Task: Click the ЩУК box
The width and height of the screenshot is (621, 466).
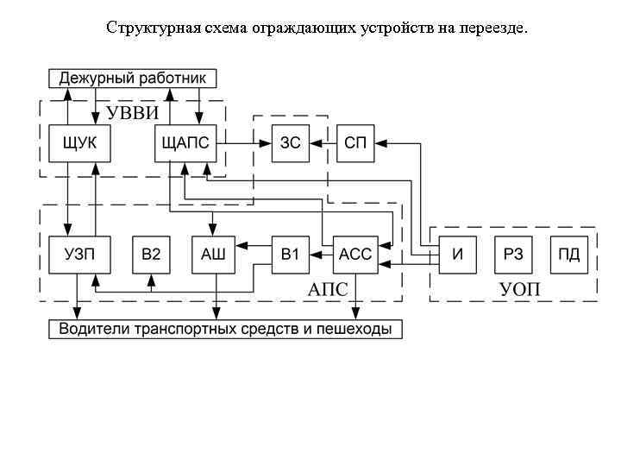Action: pyautogui.click(x=80, y=143)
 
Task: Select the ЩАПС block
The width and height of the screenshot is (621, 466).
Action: pyautogui.click(x=185, y=143)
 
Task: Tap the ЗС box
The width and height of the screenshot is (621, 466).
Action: pyautogui.click(x=291, y=143)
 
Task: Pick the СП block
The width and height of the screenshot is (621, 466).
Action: pyautogui.click(x=354, y=143)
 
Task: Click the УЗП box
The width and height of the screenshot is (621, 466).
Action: pyautogui.click(x=80, y=254)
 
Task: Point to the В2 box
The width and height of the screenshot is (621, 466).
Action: pyautogui.click(x=151, y=254)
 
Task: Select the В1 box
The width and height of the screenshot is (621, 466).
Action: pyautogui.click(x=291, y=254)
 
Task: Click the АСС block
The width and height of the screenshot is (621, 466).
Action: pyautogui.click(x=354, y=254)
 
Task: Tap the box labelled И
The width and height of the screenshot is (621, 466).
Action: pyautogui.click(x=458, y=254)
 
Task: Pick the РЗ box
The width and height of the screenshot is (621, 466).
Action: pyautogui.click(x=513, y=254)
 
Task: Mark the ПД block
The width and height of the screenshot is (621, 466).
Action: pyautogui.click(x=568, y=254)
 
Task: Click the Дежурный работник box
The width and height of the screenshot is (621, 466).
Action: pyautogui.click(x=132, y=79)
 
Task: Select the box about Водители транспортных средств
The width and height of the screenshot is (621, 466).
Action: pyautogui.click(x=225, y=329)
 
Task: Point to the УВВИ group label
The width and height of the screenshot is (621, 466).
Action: pyautogui.click(x=134, y=113)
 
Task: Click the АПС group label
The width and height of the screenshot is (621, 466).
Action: pyautogui.click(x=328, y=289)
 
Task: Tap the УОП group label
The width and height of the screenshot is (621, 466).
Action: pyautogui.click(x=520, y=289)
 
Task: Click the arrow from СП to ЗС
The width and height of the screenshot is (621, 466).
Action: pyautogui.click(x=323, y=143)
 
